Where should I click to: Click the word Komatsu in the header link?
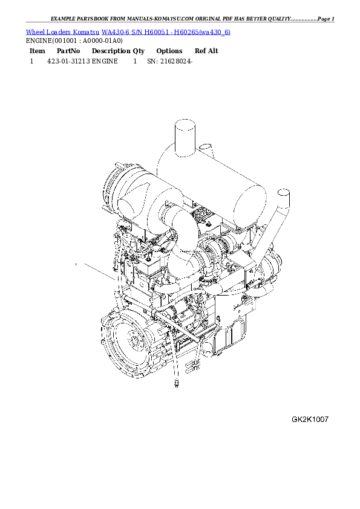point(87,31)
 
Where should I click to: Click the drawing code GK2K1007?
point(310,419)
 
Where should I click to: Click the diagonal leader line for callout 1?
point(97,271)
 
